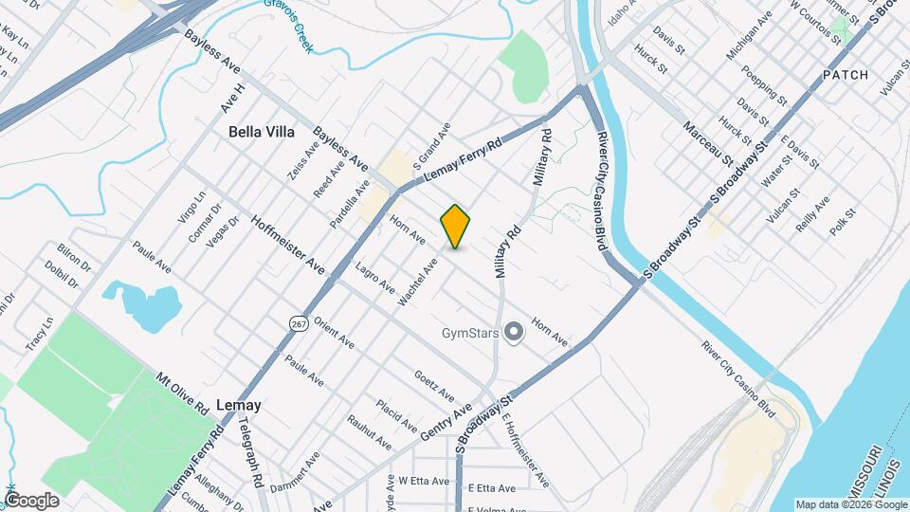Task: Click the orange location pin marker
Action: pyautogui.click(x=456, y=227)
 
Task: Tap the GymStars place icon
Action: pyautogui.click(x=514, y=332)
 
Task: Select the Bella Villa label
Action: pyautogui.click(x=262, y=133)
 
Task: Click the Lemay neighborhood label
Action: pyautogui.click(x=238, y=405)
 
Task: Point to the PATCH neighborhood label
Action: pyautogui.click(x=846, y=74)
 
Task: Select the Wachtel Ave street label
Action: pyautogui.click(x=418, y=283)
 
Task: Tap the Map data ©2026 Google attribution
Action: pyautogui.click(x=850, y=504)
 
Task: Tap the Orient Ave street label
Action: pyautogui.click(x=335, y=332)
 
